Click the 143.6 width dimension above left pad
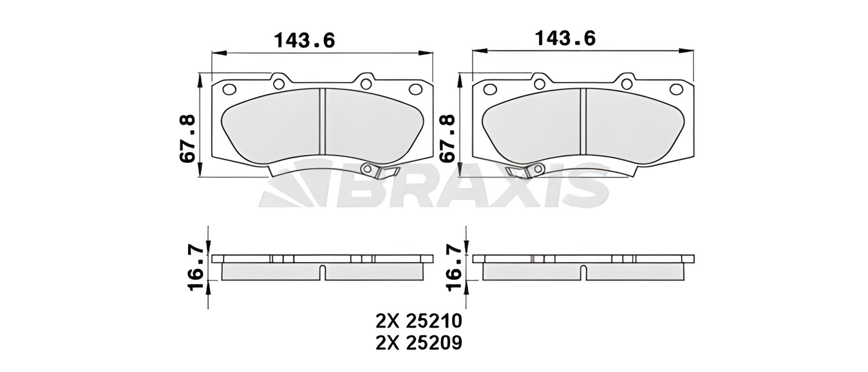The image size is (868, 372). [x=305, y=40]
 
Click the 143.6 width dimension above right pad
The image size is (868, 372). [x=565, y=39]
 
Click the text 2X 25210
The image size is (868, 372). [x=419, y=321]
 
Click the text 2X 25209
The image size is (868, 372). [x=419, y=343]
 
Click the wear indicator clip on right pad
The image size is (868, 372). [x=524, y=170]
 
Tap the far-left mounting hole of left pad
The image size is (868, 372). [x=230, y=89]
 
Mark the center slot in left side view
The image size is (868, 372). [x=322, y=273]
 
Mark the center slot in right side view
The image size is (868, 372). [x=583, y=273]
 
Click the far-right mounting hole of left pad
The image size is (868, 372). [x=415, y=89]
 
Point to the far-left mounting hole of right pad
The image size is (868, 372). [x=490, y=89]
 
